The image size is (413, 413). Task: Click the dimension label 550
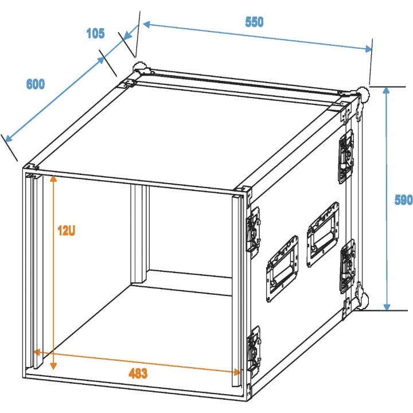pyautogui.click(x=254, y=22)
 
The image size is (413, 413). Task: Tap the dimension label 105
pyautogui.click(x=95, y=33)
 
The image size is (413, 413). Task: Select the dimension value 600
pyautogui.click(x=35, y=84)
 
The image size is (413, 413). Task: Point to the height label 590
pyautogui.click(x=403, y=200)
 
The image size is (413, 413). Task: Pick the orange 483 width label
pyautogui.click(x=138, y=374)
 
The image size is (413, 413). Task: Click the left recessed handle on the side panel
pyautogui.click(x=282, y=268)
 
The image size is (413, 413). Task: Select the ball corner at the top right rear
pyautogui.click(x=364, y=93)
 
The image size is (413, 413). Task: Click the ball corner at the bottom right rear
pyautogui.click(x=362, y=301)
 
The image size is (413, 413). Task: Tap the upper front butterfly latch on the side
pyautogui.click(x=253, y=229)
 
